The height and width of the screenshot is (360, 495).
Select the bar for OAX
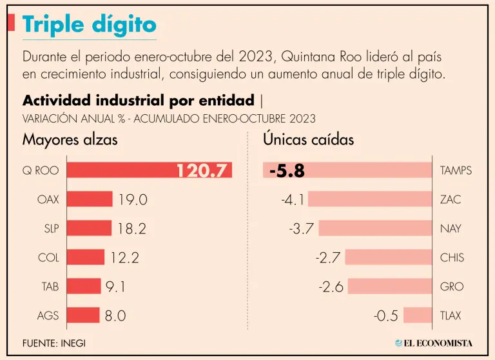click(90, 199)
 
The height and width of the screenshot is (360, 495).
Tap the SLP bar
click(89, 228)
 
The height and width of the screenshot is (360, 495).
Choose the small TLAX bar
click(418, 315)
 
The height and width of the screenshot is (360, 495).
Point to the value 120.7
click(202, 170)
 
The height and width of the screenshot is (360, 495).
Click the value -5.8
click(287, 171)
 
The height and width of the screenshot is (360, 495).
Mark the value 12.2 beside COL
click(124, 257)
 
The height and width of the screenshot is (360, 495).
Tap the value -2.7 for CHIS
click(328, 257)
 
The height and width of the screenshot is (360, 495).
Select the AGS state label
click(48, 315)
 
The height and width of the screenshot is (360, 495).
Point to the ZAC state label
click(451, 199)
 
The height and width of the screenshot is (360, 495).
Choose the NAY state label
click(451, 228)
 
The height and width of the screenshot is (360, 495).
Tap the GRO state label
click(451, 286)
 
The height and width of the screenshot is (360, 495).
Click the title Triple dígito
click(89, 25)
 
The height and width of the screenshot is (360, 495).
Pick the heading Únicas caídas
click(308, 139)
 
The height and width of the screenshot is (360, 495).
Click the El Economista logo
click(434, 343)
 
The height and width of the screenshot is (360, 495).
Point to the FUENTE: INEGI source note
click(53, 343)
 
